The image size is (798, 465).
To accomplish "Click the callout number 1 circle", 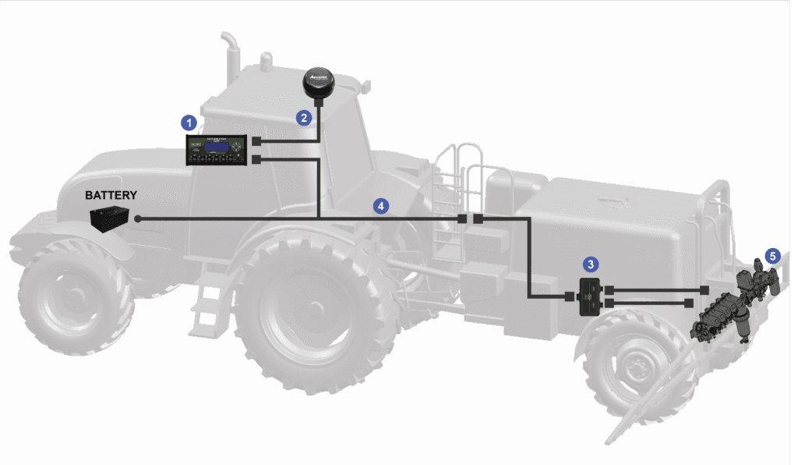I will click(x=187, y=122).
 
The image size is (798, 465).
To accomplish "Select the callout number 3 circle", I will click(x=591, y=264).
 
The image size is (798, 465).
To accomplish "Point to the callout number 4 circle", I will click(x=380, y=206).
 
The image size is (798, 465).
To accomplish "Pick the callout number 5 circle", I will click(x=772, y=255).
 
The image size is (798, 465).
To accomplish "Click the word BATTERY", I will click(x=111, y=195).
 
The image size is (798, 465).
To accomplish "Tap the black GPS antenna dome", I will click(x=318, y=82).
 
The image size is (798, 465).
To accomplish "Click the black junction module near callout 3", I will click(x=590, y=297).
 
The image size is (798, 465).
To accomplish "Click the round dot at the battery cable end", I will click(x=138, y=219).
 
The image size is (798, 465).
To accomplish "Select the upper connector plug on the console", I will click(x=257, y=142).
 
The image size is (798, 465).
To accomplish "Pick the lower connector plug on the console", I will click(x=257, y=159).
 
